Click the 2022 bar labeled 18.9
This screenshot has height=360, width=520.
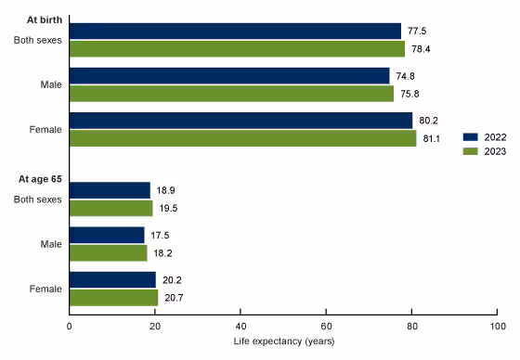(110, 190)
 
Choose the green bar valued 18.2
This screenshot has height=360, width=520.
(108, 252)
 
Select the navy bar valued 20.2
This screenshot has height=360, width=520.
(112, 279)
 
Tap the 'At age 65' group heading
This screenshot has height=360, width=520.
(36, 179)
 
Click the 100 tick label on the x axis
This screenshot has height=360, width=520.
(497, 327)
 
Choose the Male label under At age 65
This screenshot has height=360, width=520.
(50, 244)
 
